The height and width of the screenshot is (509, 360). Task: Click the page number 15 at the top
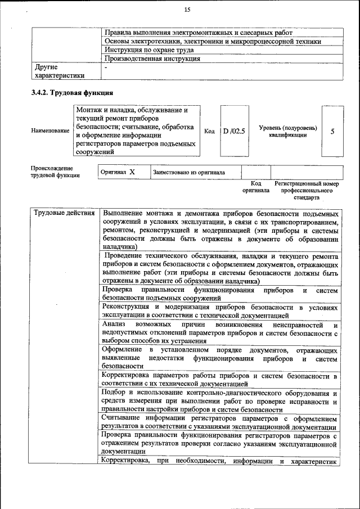pyautogui.click(x=187, y=9)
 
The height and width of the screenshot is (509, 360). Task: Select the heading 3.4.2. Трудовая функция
pyautogui.click(x=73, y=92)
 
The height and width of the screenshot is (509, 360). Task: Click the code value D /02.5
pyautogui.click(x=234, y=131)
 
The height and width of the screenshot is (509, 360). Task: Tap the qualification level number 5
pyautogui.click(x=332, y=131)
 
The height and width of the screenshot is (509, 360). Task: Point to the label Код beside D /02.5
pyautogui.click(x=209, y=131)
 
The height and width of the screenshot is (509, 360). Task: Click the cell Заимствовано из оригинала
pyautogui.click(x=188, y=172)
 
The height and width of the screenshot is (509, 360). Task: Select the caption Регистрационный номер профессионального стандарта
pyautogui.click(x=307, y=191)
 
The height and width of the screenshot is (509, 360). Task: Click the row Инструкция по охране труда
pyautogui.click(x=143, y=49)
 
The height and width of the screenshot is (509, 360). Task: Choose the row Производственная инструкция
pyautogui.click(x=152, y=58)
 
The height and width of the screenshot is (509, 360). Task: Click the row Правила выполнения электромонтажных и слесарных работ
pyautogui.click(x=199, y=33)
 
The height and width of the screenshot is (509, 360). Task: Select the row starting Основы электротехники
pyautogui.click(x=213, y=41)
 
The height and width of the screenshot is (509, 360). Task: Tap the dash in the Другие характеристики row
pyautogui.click(x=106, y=67)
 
